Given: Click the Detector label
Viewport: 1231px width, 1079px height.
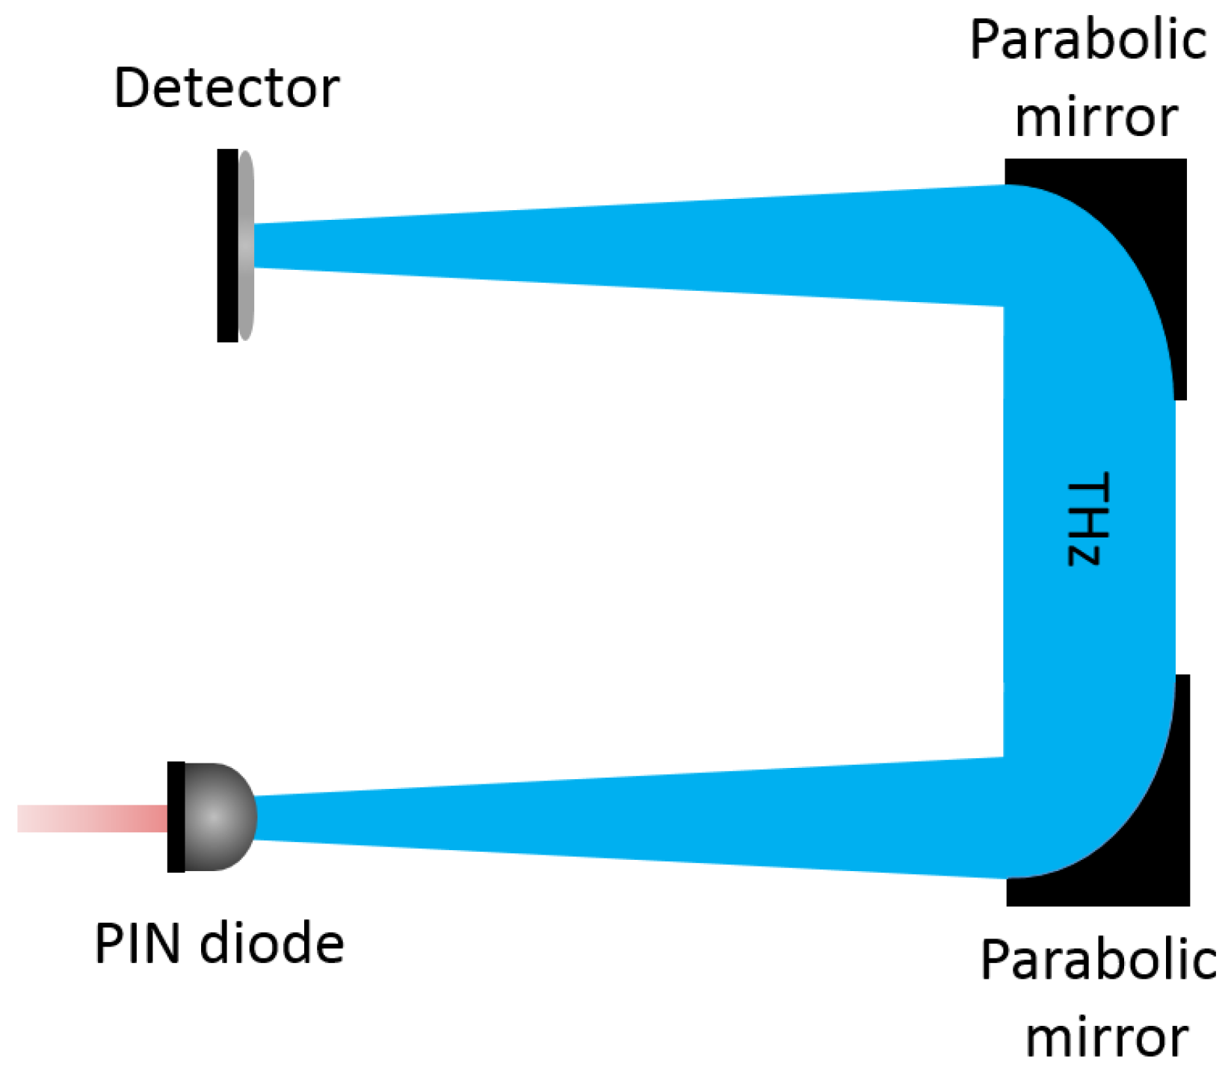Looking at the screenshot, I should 226,88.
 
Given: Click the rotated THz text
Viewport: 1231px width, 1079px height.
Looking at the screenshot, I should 1088,519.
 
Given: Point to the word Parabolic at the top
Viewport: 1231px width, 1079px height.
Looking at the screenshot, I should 1087,40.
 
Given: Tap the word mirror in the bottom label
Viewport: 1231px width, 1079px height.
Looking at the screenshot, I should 1107,1037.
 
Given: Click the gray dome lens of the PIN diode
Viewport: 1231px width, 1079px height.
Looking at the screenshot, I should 217,817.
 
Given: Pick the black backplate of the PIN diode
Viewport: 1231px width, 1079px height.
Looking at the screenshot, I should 176,817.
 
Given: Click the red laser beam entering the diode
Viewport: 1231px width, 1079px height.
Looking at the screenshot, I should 90,818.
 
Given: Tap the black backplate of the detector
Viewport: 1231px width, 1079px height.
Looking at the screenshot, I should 227,245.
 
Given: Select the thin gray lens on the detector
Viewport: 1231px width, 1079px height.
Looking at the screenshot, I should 246,245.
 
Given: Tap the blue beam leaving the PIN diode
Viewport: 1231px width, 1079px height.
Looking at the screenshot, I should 598,818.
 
